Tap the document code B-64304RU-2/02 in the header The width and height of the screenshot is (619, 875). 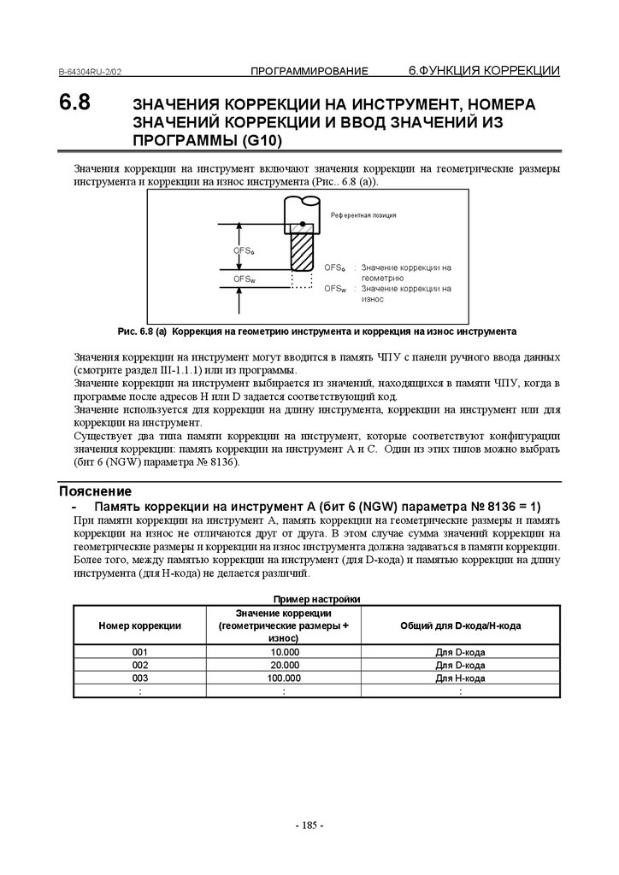tap(95, 72)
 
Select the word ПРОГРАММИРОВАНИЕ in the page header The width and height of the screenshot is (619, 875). tap(309, 70)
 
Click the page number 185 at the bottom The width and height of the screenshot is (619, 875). tap(309, 825)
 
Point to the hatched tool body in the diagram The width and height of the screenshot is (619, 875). tap(303, 250)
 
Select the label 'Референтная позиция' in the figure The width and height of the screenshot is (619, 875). tap(363, 215)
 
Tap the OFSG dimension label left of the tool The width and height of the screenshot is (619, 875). tap(245, 250)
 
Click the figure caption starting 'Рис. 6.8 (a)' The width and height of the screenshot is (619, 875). tap(316, 329)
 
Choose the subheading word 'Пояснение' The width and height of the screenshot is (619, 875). tap(95, 491)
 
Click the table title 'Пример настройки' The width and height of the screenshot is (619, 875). tap(315, 598)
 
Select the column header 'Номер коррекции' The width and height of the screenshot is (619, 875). tap(140, 625)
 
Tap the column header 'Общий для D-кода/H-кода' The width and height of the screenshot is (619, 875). tap(461, 625)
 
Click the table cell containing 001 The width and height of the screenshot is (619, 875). tap(140, 652)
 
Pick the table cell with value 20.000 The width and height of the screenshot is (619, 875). tap(284, 665)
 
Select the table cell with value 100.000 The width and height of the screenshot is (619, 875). tap(284, 678)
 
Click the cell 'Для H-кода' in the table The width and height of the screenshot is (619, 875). tap(461, 678)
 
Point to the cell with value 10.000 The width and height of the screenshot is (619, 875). tap(284, 652)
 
